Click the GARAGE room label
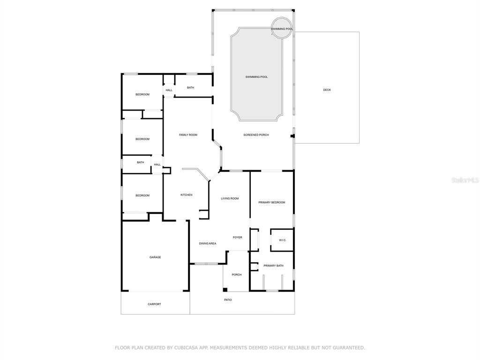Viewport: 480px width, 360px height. point(155,257)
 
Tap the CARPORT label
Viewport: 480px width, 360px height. point(154,304)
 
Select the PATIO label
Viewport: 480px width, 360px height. point(228,300)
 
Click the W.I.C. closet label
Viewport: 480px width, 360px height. point(282,240)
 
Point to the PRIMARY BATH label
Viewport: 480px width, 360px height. point(273,265)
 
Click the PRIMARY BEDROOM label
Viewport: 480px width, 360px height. point(271,202)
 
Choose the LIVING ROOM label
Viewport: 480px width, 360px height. point(230,198)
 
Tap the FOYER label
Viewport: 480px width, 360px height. point(237,237)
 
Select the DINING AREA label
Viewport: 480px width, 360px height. point(208,243)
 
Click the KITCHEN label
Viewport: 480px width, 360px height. point(186,195)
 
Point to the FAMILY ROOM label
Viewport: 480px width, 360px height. point(188,135)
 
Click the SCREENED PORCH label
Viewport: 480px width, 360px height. point(256,135)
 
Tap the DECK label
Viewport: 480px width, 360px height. point(327,90)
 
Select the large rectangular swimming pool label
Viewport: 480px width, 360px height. point(256,77)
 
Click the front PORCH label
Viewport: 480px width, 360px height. point(236,275)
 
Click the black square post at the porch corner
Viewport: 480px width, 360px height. point(225,290)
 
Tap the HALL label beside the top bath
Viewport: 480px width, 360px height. point(169,90)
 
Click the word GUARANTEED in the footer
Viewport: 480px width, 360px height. point(350,347)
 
